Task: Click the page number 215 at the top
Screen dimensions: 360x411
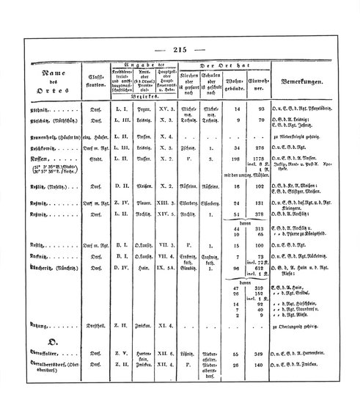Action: [x=180, y=49]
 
